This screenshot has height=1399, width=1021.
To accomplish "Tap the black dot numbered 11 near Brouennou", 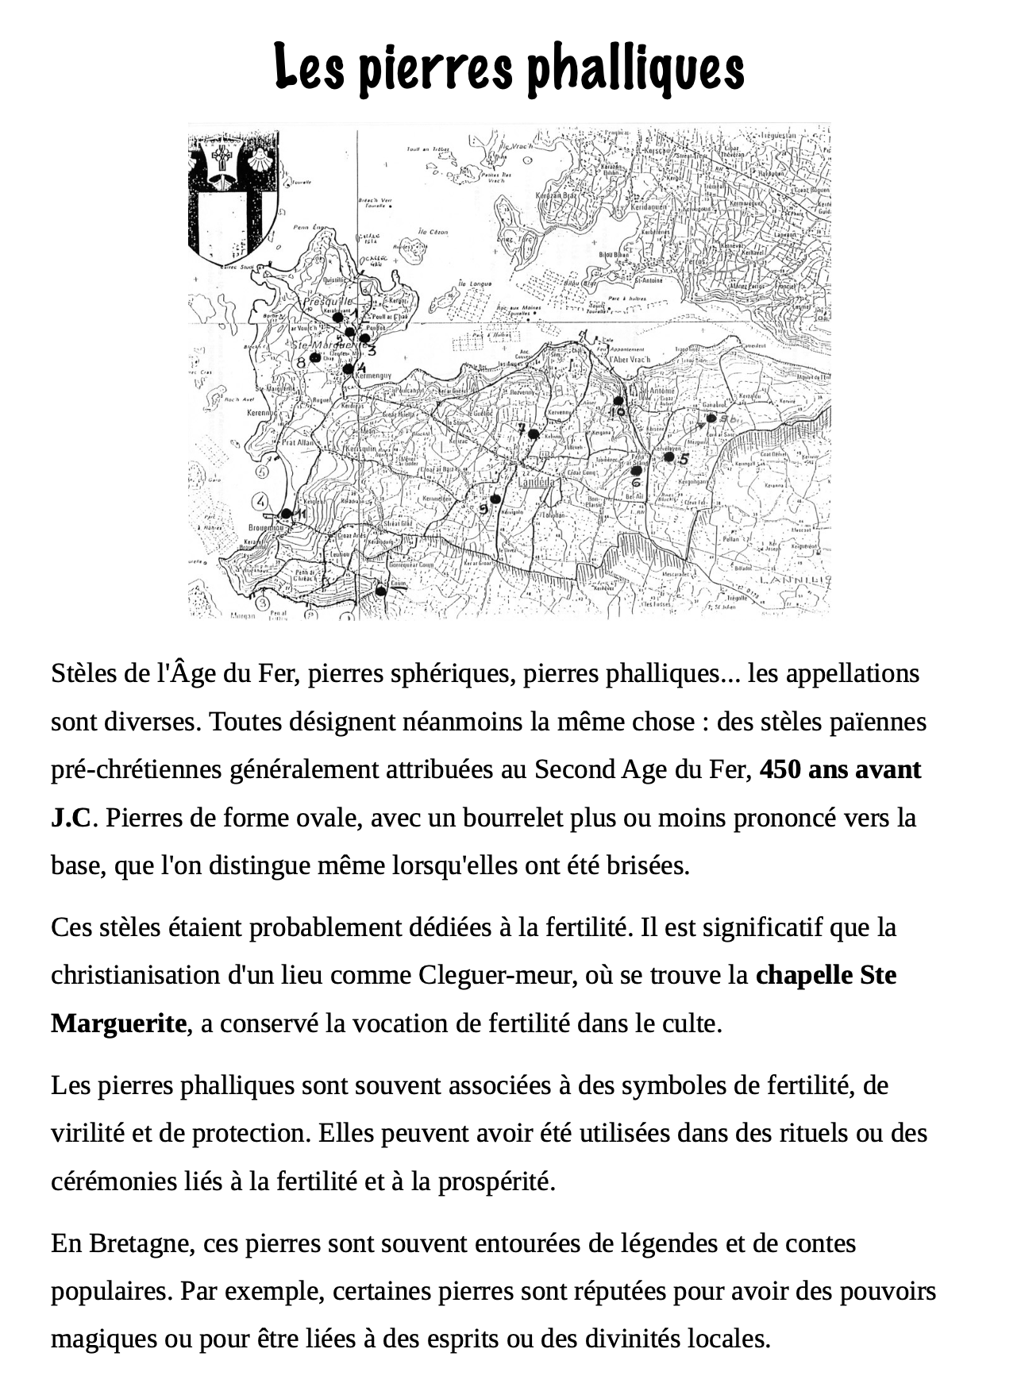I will (x=287, y=514).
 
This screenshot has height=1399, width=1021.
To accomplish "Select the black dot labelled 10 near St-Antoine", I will (x=618, y=401).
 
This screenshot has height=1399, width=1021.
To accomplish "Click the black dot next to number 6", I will (x=636, y=471).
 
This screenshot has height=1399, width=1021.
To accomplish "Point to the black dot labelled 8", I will (x=315, y=357).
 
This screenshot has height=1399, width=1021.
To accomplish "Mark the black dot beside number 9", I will (x=495, y=499).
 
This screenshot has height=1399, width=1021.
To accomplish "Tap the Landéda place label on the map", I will (x=537, y=482).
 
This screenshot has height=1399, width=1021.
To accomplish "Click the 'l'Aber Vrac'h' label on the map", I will (x=630, y=360).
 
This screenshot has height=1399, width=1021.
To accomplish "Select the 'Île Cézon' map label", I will (x=433, y=232).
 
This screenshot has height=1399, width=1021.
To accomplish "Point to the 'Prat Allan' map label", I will (x=299, y=442).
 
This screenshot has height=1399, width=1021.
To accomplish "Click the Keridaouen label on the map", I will (x=649, y=206).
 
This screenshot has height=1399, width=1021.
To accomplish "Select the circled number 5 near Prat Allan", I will (x=263, y=471).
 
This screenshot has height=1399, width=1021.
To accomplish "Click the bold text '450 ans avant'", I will (x=840, y=769).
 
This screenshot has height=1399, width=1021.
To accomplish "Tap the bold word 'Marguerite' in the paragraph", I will (x=118, y=1023).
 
